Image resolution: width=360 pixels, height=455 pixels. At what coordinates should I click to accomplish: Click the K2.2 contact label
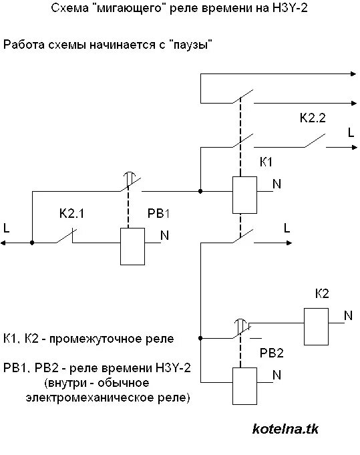[312, 118]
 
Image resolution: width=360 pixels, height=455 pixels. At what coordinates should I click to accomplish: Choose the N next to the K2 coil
[348, 315]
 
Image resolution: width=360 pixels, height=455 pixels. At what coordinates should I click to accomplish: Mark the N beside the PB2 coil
[277, 375]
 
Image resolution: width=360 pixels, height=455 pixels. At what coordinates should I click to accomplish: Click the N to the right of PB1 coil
[164, 235]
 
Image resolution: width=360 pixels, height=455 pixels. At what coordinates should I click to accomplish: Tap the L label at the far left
[7, 229]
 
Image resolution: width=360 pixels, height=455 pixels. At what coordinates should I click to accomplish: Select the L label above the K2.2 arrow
[351, 132]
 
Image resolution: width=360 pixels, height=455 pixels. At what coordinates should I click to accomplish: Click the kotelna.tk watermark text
[286, 430]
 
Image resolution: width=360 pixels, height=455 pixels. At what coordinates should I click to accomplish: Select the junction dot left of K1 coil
[200, 191]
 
